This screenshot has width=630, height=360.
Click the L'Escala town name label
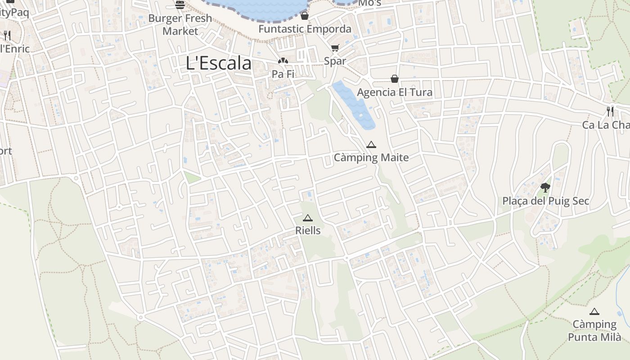[x=219, y=63]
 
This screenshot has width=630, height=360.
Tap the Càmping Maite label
[x=371, y=157]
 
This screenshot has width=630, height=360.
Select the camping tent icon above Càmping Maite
[x=371, y=145]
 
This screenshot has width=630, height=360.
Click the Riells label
[x=308, y=230]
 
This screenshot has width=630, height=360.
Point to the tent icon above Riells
[x=308, y=218]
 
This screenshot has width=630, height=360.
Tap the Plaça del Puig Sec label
[x=545, y=201]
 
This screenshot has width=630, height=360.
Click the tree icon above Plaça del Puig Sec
[x=545, y=187]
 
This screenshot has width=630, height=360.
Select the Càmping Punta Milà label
[x=594, y=331]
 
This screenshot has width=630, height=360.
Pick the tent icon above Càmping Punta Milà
[x=594, y=311]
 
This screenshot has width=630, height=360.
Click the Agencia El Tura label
[x=395, y=92]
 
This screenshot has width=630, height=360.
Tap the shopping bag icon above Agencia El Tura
[x=395, y=79]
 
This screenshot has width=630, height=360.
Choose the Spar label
[x=335, y=61]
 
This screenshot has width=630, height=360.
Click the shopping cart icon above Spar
[x=335, y=48]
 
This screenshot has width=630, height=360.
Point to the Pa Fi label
[x=283, y=74]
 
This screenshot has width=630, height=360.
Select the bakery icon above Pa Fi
[x=283, y=61]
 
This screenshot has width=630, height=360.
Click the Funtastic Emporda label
[x=305, y=29]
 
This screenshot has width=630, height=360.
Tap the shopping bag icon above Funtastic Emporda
[x=305, y=16]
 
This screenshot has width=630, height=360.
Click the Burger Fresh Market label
[x=180, y=25]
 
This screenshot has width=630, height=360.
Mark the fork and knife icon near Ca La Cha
[x=610, y=112]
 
